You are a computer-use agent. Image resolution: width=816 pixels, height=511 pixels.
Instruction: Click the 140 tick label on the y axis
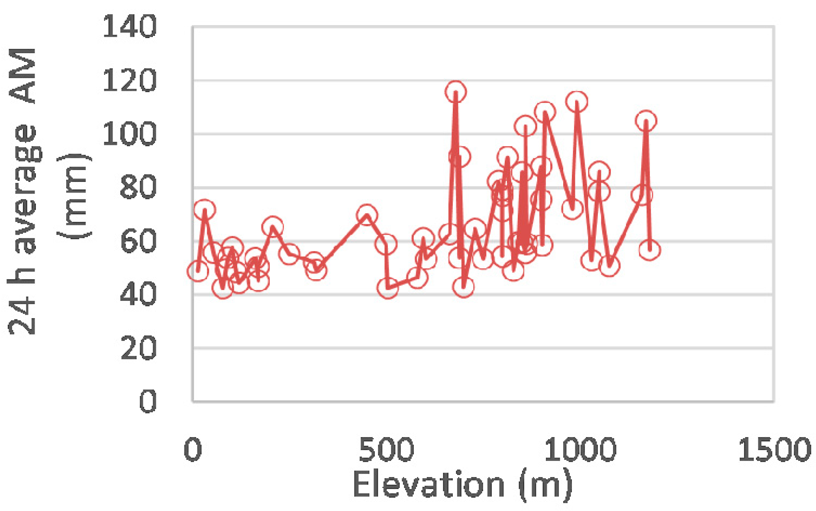[x=129, y=27]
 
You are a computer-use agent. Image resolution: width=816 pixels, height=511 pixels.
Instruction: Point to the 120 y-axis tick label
[x=129, y=80]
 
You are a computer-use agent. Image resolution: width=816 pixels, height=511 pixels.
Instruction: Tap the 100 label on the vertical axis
[x=129, y=134]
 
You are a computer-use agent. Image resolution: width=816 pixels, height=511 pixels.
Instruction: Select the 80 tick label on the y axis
[x=137, y=188]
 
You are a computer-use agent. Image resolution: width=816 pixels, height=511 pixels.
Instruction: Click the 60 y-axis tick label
[x=138, y=241]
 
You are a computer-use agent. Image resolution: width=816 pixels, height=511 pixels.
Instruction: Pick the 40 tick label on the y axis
[x=138, y=295]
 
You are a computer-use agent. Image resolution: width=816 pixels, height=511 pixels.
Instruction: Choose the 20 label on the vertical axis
[x=138, y=348]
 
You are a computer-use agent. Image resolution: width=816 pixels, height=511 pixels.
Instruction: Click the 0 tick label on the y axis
[x=148, y=402]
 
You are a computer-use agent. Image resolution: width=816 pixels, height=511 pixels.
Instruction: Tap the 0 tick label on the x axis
[x=193, y=450]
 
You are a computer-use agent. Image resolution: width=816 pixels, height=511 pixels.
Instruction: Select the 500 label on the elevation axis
[x=386, y=450]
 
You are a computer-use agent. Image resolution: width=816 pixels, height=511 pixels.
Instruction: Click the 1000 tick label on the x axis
[x=580, y=450]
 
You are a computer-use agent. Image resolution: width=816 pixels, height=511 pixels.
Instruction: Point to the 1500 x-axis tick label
[x=774, y=450]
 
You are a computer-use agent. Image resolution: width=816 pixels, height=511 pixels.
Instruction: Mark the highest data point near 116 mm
[x=455, y=92]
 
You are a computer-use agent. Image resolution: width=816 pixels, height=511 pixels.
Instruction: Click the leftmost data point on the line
[x=198, y=271]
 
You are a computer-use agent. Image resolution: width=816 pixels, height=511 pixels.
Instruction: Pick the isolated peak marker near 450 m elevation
[x=367, y=215]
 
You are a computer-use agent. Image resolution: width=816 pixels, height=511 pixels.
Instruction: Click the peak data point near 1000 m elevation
[x=577, y=102]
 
